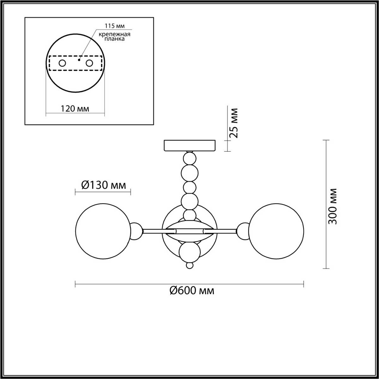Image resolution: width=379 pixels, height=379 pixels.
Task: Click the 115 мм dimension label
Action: (x=115, y=26)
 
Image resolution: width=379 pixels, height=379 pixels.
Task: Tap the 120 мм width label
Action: (x=75, y=109)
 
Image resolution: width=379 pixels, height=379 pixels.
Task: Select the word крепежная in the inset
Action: (x=114, y=34)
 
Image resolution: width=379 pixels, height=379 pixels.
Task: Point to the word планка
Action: (x=114, y=39)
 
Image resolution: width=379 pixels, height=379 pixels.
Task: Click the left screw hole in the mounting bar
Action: (x=62, y=63)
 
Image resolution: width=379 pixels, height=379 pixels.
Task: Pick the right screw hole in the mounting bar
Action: (x=89, y=63)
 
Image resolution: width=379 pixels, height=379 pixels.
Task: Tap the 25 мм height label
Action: (x=234, y=123)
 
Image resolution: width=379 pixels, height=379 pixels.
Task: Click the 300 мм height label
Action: (x=333, y=206)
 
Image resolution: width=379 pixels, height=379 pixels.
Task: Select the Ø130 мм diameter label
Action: (x=104, y=185)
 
